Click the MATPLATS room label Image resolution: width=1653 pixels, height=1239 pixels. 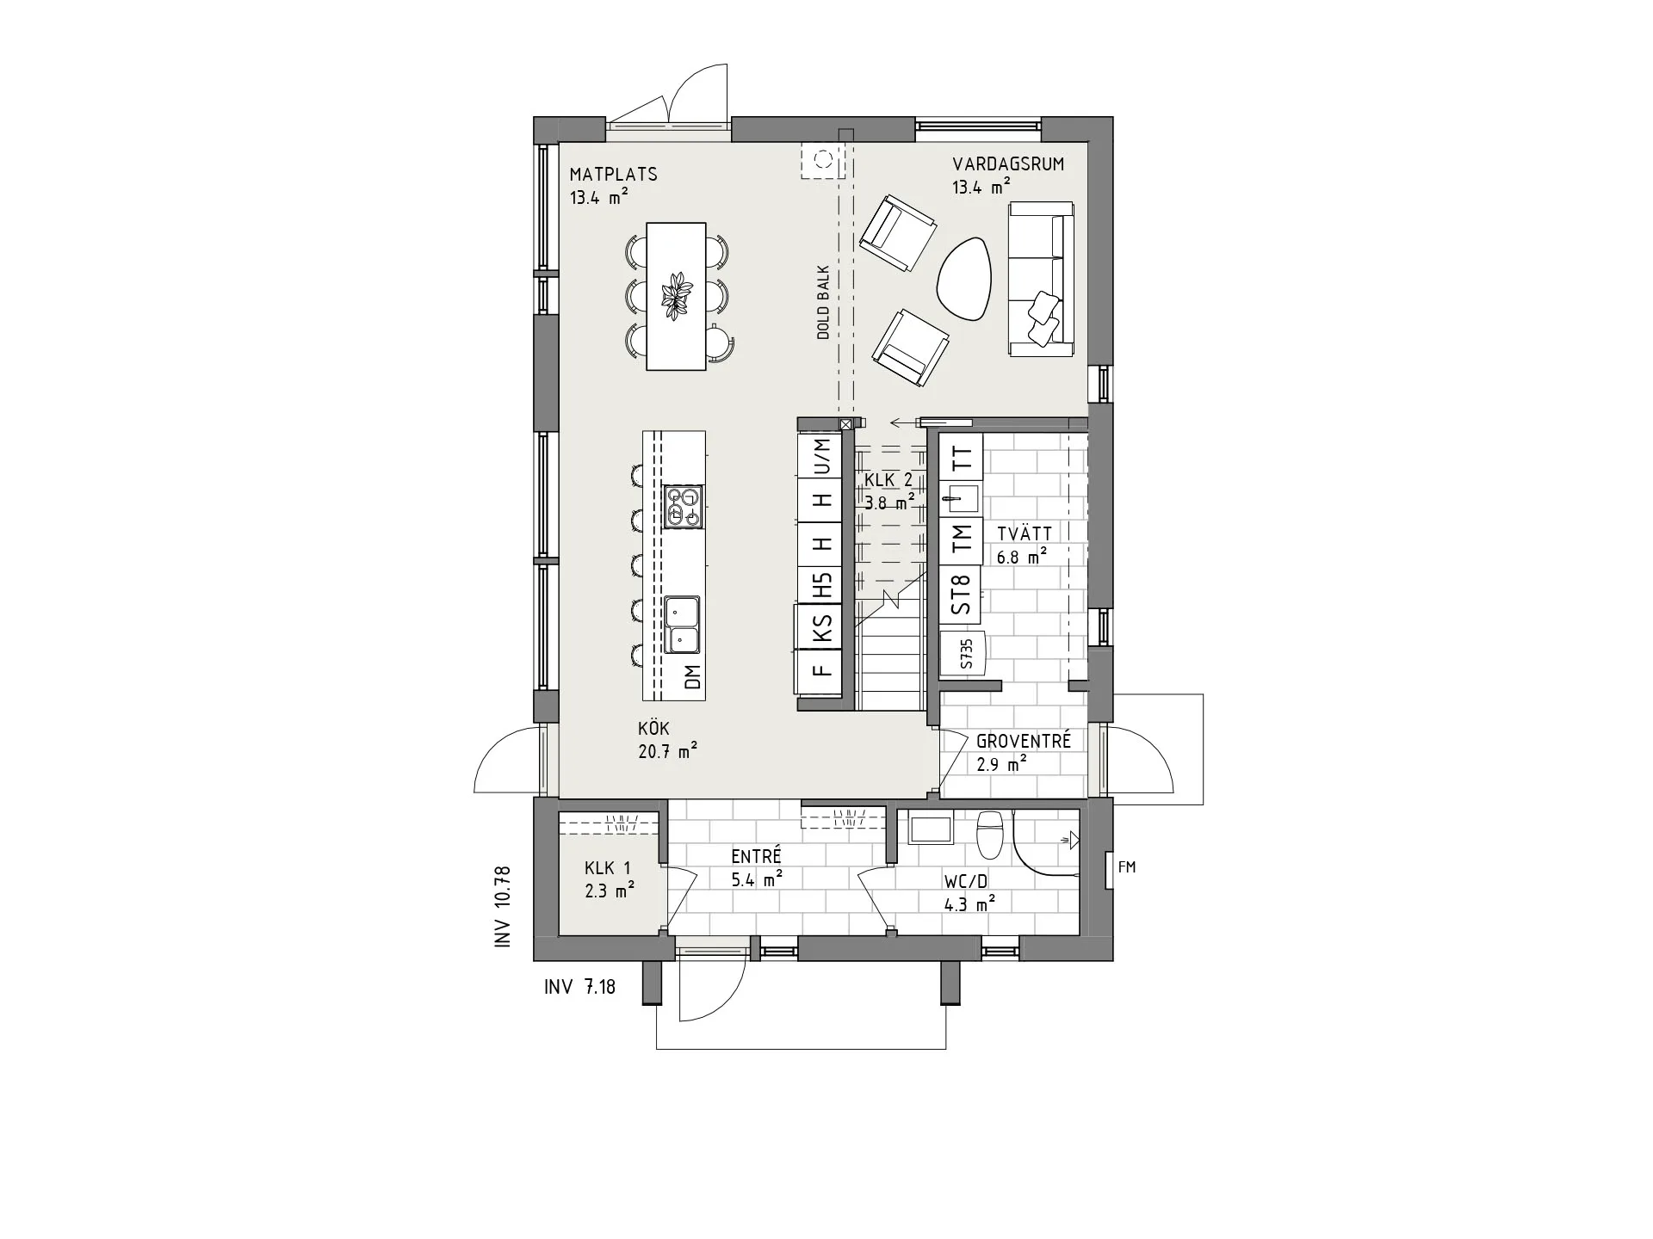click(x=613, y=175)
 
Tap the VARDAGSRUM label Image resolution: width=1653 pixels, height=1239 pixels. click(x=1007, y=164)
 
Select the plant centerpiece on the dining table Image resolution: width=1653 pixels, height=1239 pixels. click(x=676, y=296)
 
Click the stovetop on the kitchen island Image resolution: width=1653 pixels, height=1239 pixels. click(x=684, y=507)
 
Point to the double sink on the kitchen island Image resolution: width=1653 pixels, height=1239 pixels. click(x=682, y=626)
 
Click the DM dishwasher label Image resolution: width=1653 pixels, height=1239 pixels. click(x=693, y=677)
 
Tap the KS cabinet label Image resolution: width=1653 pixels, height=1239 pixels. click(x=824, y=626)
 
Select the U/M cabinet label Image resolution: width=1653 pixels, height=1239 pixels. click(x=824, y=457)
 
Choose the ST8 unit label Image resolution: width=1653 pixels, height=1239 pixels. click(x=962, y=595)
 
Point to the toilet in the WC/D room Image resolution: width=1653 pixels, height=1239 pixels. click(x=990, y=835)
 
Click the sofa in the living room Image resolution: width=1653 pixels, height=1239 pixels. click(x=1042, y=280)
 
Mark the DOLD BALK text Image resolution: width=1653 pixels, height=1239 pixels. click(x=823, y=302)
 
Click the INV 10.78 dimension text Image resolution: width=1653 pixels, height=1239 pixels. click(x=503, y=907)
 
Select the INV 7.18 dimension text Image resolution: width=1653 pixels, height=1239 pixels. click(x=579, y=987)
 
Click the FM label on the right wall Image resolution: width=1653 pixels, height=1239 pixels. click(x=1126, y=867)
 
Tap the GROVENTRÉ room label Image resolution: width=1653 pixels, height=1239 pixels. click(x=1023, y=741)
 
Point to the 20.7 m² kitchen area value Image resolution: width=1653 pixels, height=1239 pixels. click(x=667, y=751)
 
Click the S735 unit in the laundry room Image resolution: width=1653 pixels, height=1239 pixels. click(x=965, y=654)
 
